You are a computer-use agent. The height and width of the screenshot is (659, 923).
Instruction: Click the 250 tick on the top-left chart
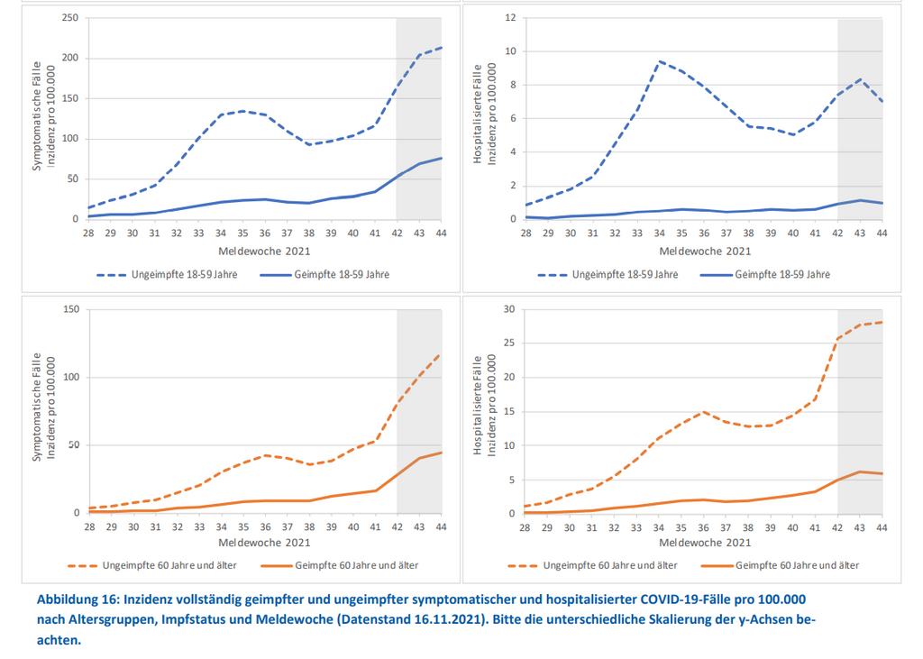pyautogui.click(x=70, y=18)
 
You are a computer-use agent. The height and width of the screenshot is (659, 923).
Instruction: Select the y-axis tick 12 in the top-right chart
pyautogui.click(x=509, y=18)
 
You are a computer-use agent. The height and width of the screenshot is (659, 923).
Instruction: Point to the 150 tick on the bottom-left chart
pyautogui.click(x=70, y=309)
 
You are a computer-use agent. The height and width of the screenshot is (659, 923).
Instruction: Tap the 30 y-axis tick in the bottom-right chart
pyautogui.click(x=508, y=309)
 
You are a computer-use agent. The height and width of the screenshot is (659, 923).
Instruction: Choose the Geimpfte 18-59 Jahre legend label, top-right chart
pyautogui.click(x=782, y=274)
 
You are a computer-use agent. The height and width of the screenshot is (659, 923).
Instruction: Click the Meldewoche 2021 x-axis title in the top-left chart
pyautogui.click(x=265, y=251)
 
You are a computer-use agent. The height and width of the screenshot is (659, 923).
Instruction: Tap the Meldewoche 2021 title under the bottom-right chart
pyautogui.click(x=705, y=544)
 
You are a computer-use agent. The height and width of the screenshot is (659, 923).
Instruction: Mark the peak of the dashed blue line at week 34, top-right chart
pyautogui.click(x=660, y=61)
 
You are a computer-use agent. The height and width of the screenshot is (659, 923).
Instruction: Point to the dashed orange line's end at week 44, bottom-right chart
pyautogui.click(x=882, y=322)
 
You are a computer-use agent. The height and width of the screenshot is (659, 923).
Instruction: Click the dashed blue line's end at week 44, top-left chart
pyautogui.click(x=441, y=48)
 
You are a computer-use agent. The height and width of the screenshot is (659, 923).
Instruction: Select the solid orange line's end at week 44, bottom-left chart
pyautogui.click(x=441, y=453)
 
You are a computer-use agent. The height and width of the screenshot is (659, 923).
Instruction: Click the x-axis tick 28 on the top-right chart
pyautogui.click(x=525, y=233)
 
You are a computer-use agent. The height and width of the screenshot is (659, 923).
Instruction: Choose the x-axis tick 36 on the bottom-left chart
pyautogui.click(x=265, y=526)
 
